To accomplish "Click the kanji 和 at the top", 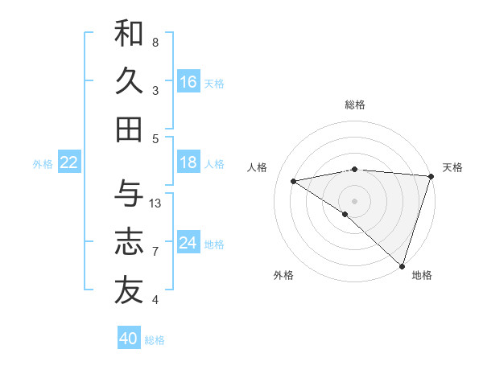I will pos(129,34).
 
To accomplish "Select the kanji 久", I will pos(129,80).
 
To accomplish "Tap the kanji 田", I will pos(129,128).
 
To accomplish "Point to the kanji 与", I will pos(129,194).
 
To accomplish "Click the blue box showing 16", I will pos(188,81).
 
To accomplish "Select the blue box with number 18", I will pos(188,162).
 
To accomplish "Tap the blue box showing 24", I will pos(188,243).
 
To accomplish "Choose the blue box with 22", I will pos(69,162).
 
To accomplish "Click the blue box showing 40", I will pos(129,339).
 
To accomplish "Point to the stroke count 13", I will pos(155,203).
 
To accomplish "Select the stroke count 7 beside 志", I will pos(155,252).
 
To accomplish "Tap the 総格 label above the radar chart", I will pos(355,105).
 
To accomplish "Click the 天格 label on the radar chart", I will pos(452,167).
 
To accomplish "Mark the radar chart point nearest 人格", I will pos(294,181).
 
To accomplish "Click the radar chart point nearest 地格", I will pos(402,265).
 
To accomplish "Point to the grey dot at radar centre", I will pos(354,199).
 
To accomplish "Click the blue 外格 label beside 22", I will pos(43,164).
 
